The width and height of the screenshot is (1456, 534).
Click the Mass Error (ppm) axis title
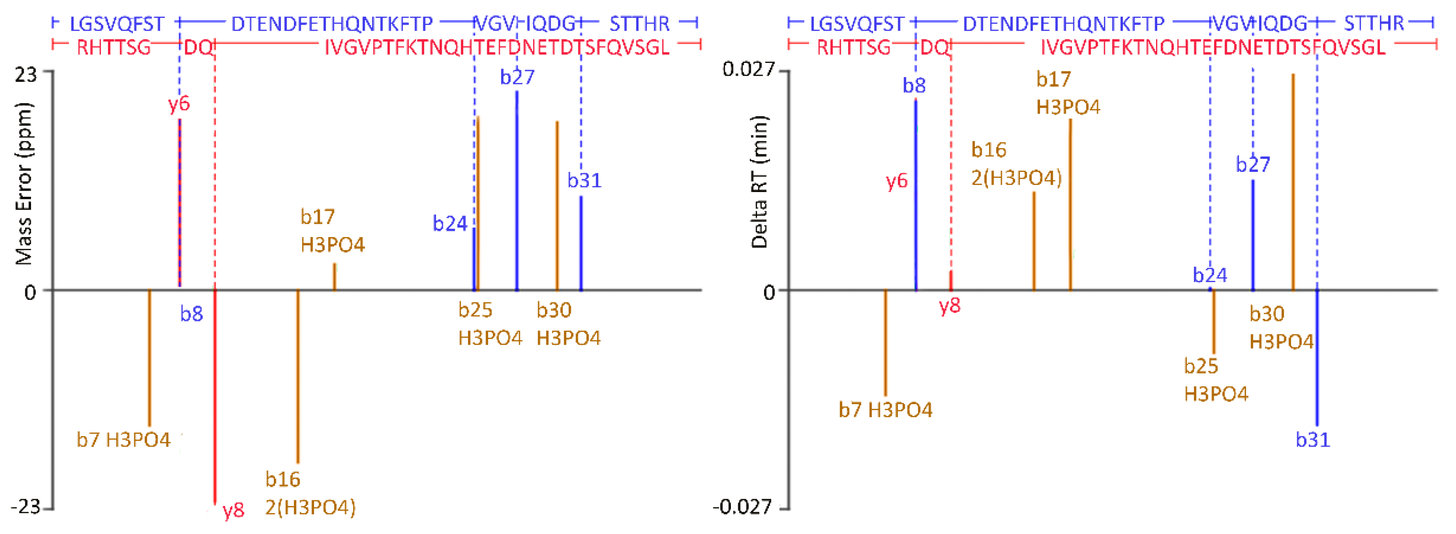pyautogui.click(x=24, y=184)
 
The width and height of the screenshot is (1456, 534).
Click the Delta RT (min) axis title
pyautogui.click(x=759, y=182)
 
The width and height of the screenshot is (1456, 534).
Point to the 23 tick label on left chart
pyautogui.click(x=25, y=74)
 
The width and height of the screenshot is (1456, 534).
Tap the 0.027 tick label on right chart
pyautogui.click(x=748, y=70)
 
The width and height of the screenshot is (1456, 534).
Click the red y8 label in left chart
pyautogui.click(x=233, y=511)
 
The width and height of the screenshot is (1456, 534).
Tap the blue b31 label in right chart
pyautogui.click(x=1313, y=440)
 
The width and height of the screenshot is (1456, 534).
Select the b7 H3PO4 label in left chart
pyautogui.click(x=123, y=440)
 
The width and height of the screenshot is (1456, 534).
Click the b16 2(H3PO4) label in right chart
pyautogui.click(x=1016, y=164)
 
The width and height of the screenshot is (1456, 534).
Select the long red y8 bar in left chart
pyautogui.click(x=215, y=395)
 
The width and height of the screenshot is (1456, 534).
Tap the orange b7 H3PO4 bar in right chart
pyautogui.click(x=885, y=342)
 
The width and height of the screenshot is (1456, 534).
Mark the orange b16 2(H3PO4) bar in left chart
pyautogui.click(x=298, y=376)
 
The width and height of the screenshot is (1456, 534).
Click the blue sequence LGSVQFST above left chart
pyautogui.click(x=117, y=24)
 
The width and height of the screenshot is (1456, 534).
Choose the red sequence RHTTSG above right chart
pyautogui.click(x=853, y=48)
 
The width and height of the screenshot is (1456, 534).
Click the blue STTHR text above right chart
pyautogui.click(x=1373, y=24)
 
